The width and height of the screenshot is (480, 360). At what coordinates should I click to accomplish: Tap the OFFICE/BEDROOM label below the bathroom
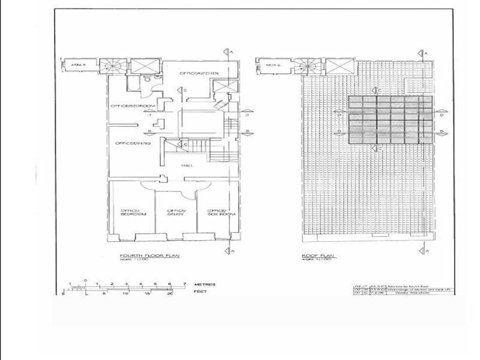pos(133,106)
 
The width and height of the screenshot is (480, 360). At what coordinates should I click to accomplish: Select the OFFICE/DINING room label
pos(133,143)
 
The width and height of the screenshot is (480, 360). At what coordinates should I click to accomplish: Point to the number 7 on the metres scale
pos(184,283)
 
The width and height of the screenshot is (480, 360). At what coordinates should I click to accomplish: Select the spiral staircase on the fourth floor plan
pos(110,65)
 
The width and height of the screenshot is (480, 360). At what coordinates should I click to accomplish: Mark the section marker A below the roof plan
pos(424,250)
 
